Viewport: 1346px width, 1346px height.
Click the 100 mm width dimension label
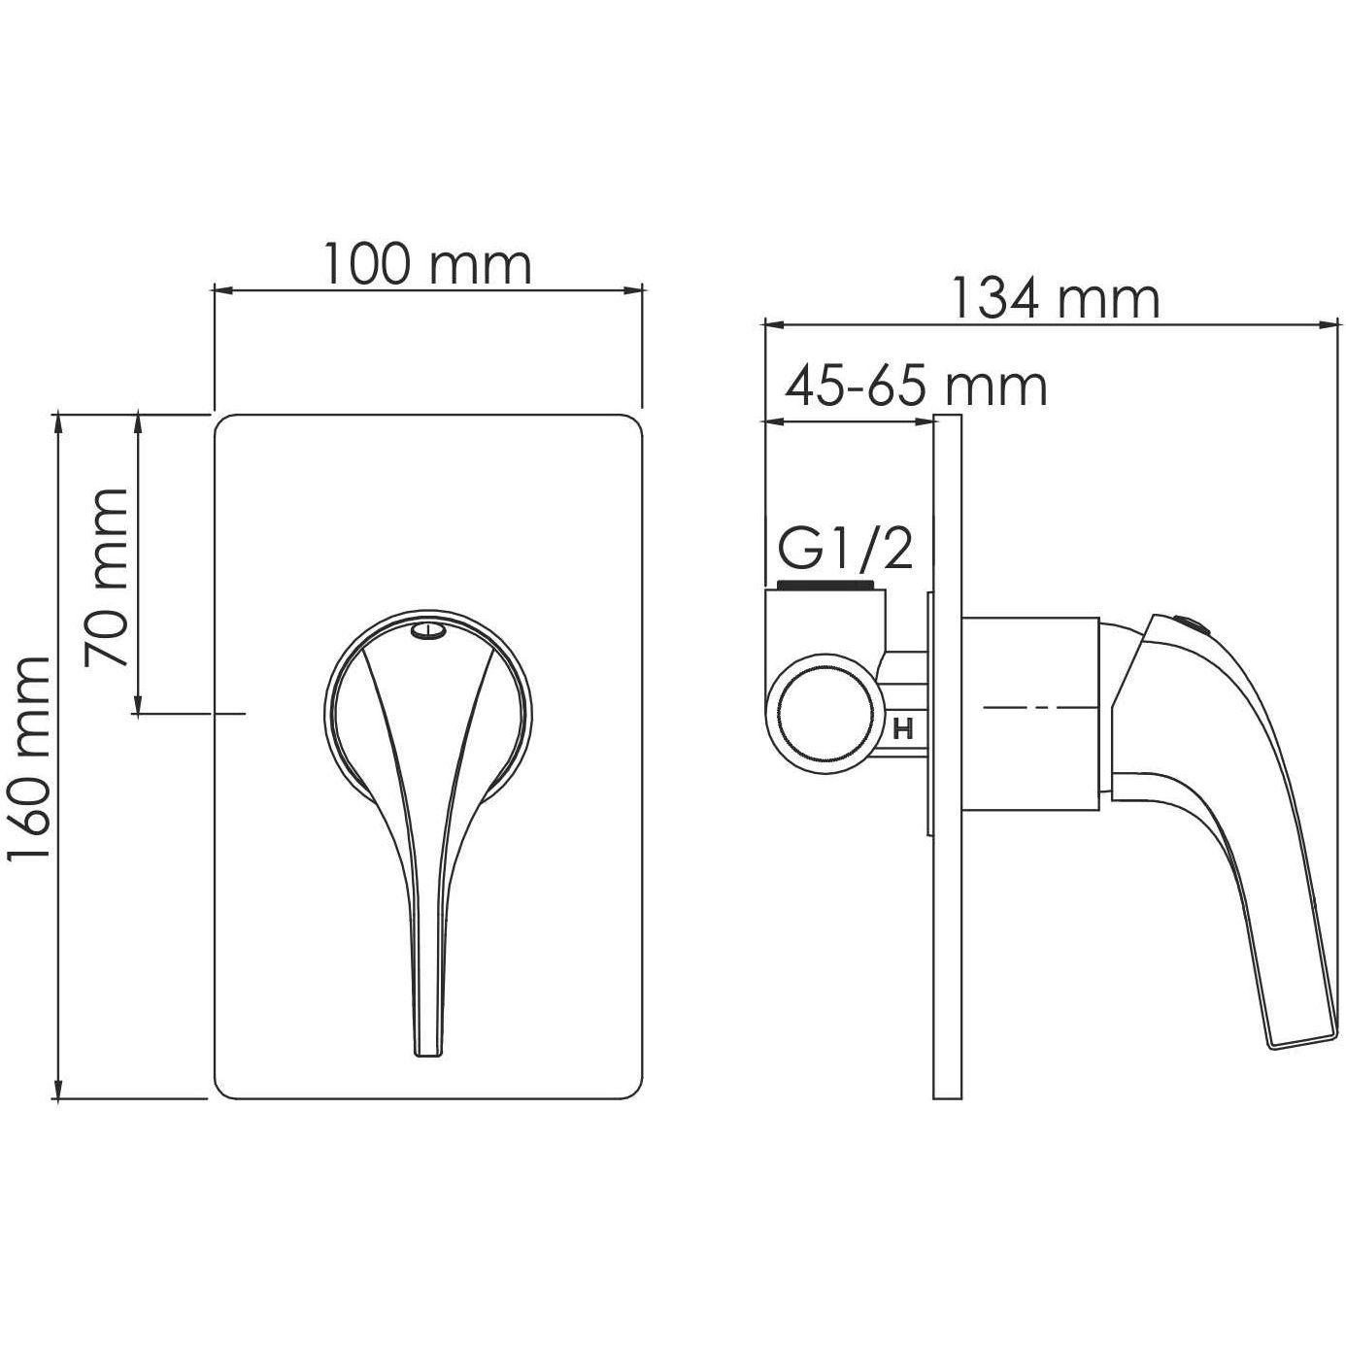click(x=427, y=264)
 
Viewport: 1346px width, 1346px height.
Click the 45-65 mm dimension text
click(x=916, y=387)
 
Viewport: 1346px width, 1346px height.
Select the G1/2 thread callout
click(x=845, y=550)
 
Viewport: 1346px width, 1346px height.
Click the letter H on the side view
click(x=902, y=729)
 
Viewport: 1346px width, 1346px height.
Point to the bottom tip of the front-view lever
click(x=427, y=1051)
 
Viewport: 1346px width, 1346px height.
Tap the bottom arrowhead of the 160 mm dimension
click(x=59, y=1093)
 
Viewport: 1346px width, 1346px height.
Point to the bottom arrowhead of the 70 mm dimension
click(x=139, y=707)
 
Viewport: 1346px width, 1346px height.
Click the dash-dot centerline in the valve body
click(x=1034, y=710)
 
